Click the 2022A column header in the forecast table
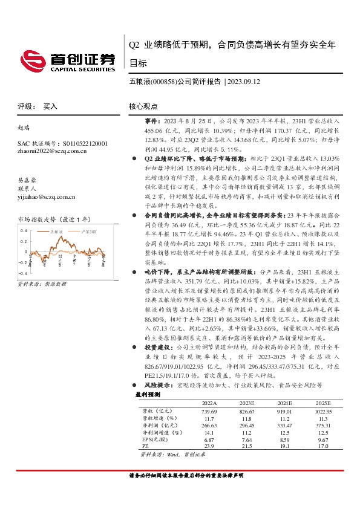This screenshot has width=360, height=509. tap(209, 403)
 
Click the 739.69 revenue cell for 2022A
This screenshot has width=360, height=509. tap(209, 410)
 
